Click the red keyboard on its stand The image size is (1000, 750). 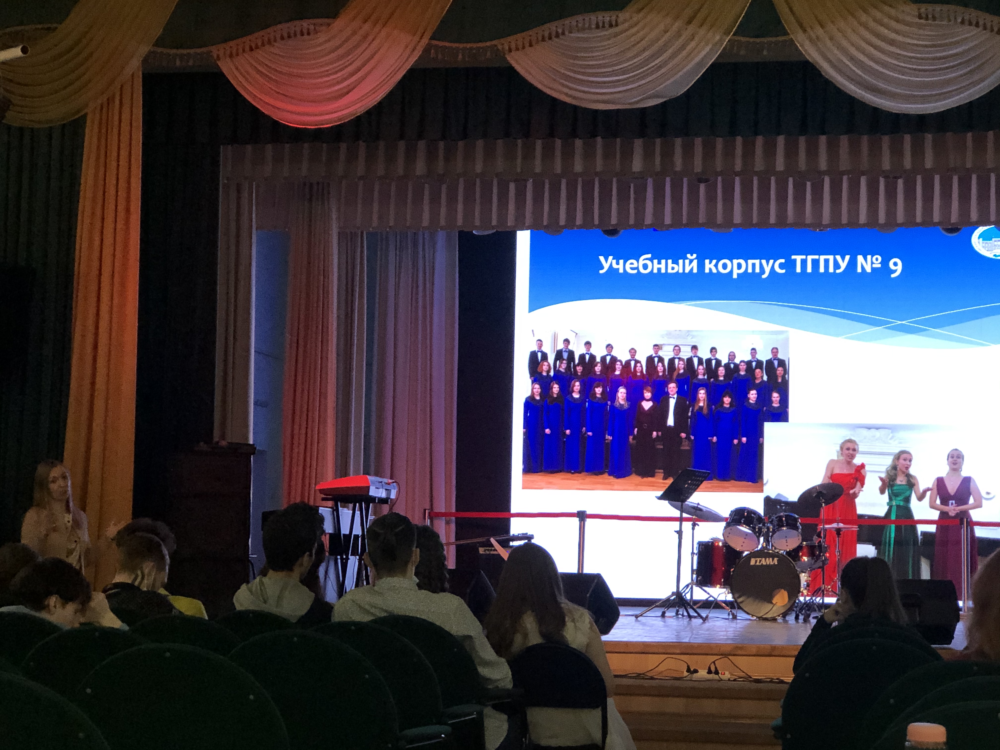click(356, 487)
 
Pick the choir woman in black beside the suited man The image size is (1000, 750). click(647, 430)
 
